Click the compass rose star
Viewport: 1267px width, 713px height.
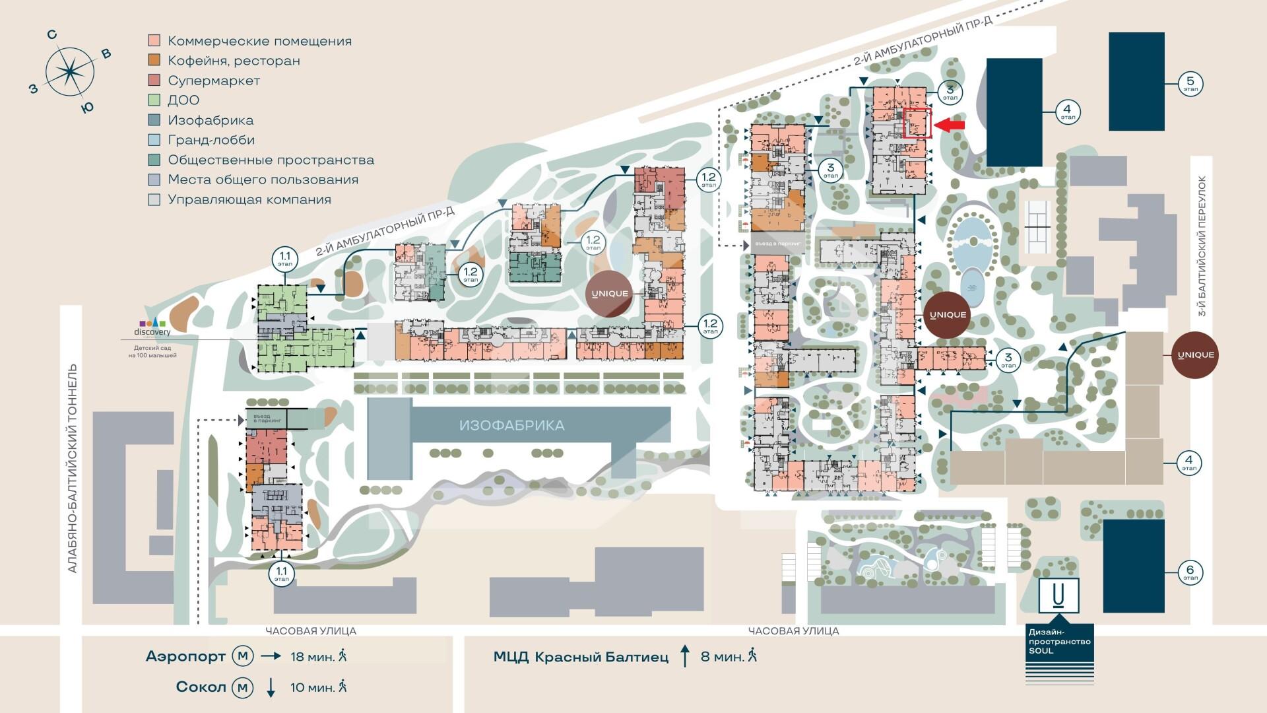(69, 71)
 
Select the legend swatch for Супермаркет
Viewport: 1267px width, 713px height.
(154, 81)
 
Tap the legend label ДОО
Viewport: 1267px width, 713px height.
(183, 100)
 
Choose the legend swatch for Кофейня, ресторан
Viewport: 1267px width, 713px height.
(154, 61)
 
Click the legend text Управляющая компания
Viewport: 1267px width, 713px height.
(249, 199)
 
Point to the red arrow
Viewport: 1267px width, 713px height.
(950, 125)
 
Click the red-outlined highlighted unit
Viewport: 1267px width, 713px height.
(917, 123)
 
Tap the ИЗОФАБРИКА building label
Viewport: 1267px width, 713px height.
(511, 426)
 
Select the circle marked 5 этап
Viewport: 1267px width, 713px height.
(1191, 84)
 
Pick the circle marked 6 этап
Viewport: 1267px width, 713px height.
(1190, 572)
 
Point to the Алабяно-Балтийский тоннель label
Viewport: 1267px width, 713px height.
(73, 469)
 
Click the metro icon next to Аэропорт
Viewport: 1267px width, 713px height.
(242, 656)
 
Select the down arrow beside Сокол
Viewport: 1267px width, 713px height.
(271, 687)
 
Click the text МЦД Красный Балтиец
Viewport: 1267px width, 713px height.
(581, 657)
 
